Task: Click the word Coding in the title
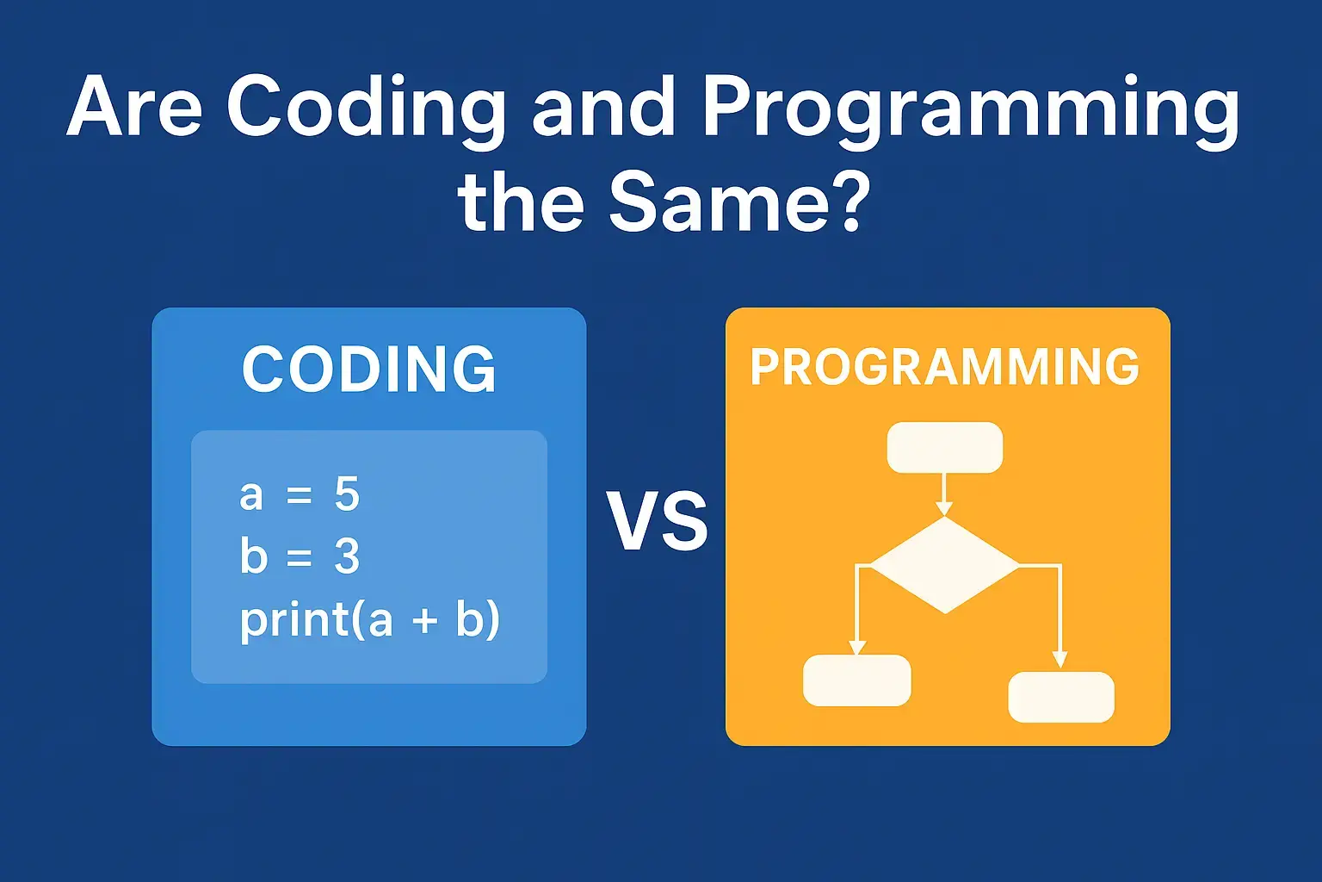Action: [x=366, y=109]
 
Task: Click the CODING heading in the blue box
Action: [x=369, y=370]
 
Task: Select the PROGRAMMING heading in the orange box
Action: [x=945, y=367]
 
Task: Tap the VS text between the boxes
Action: [x=657, y=522]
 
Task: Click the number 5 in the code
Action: [x=346, y=494]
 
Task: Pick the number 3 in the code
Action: [x=346, y=557]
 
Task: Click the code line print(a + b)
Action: [x=369, y=620]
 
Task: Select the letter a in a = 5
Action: [x=250, y=496]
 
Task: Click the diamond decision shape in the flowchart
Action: [x=945, y=565]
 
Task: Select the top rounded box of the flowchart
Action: [x=945, y=448]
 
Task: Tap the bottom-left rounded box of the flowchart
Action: [x=856, y=680]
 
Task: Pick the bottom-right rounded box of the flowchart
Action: [x=1061, y=697]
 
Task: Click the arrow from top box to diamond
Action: [x=945, y=494]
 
